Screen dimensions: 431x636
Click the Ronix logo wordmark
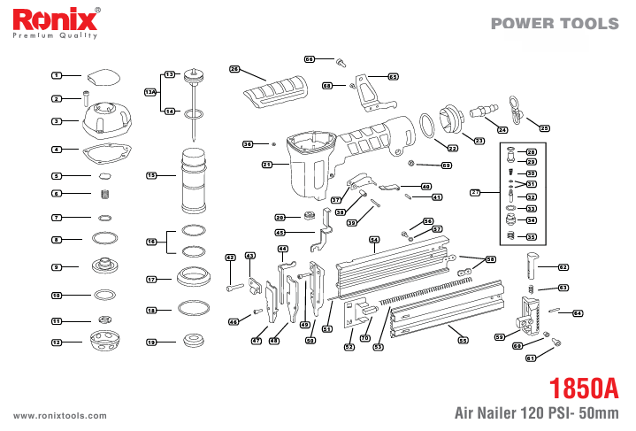pyautogui.click(x=54, y=19)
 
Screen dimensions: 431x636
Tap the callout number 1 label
pyautogui.click(x=57, y=76)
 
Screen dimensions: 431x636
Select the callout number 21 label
pyautogui.click(x=267, y=165)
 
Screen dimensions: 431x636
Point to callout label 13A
pyautogui.click(x=150, y=92)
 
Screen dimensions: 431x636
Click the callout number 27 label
pyautogui.click(x=475, y=191)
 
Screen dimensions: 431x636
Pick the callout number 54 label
pyautogui.click(x=374, y=240)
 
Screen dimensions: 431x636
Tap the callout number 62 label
pyautogui.click(x=563, y=266)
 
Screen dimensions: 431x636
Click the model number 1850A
pyautogui.click(x=581, y=390)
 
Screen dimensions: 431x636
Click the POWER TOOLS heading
pyautogui.click(x=556, y=24)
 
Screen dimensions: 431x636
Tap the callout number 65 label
pyautogui.click(x=393, y=76)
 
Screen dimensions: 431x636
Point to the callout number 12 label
pyautogui.click(x=57, y=342)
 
